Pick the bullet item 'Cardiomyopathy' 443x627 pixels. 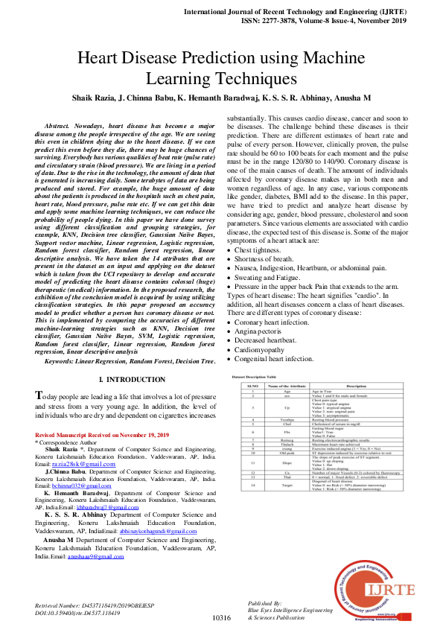[267, 349]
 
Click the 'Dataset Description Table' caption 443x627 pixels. [258, 378]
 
